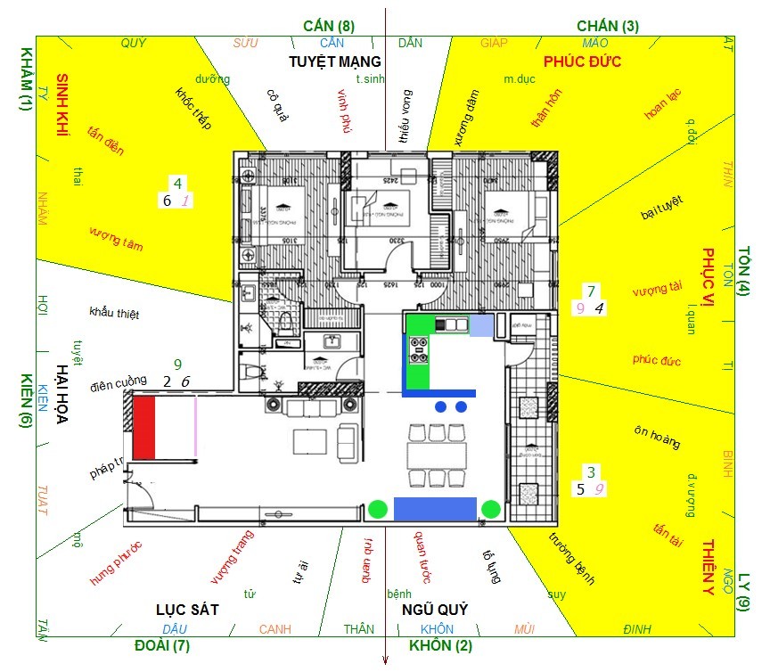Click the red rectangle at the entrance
pyautogui.click(x=144, y=429)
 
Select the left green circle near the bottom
pyautogui.click(x=378, y=509)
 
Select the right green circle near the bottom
pyautogui.click(x=490, y=509)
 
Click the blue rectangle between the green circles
pyautogui.click(x=434, y=508)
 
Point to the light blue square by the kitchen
pyautogui.click(x=481, y=325)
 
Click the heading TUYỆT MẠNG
pyautogui.click(x=335, y=61)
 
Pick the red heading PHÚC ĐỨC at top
pyautogui.click(x=582, y=61)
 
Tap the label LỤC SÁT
pyautogui.click(x=187, y=610)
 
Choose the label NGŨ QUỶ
pyautogui.click(x=435, y=610)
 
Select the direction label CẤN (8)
pyautogui.click(x=329, y=26)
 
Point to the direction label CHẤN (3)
pyautogui.click(x=608, y=26)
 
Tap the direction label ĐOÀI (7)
pyautogui.click(x=162, y=645)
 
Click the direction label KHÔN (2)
pyautogui.click(x=440, y=645)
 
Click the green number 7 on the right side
pyautogui.click(x=590, y=291)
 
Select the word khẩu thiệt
pyautogui.click(x=114, y=314)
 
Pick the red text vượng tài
pyautogui.click(x=657, y=289)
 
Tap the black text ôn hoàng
pyautogui.click(x=657, y=437)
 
